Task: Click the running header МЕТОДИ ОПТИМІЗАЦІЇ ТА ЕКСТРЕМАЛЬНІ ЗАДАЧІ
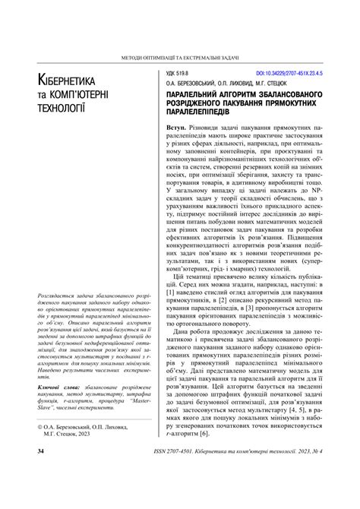click(x=180, y=58)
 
